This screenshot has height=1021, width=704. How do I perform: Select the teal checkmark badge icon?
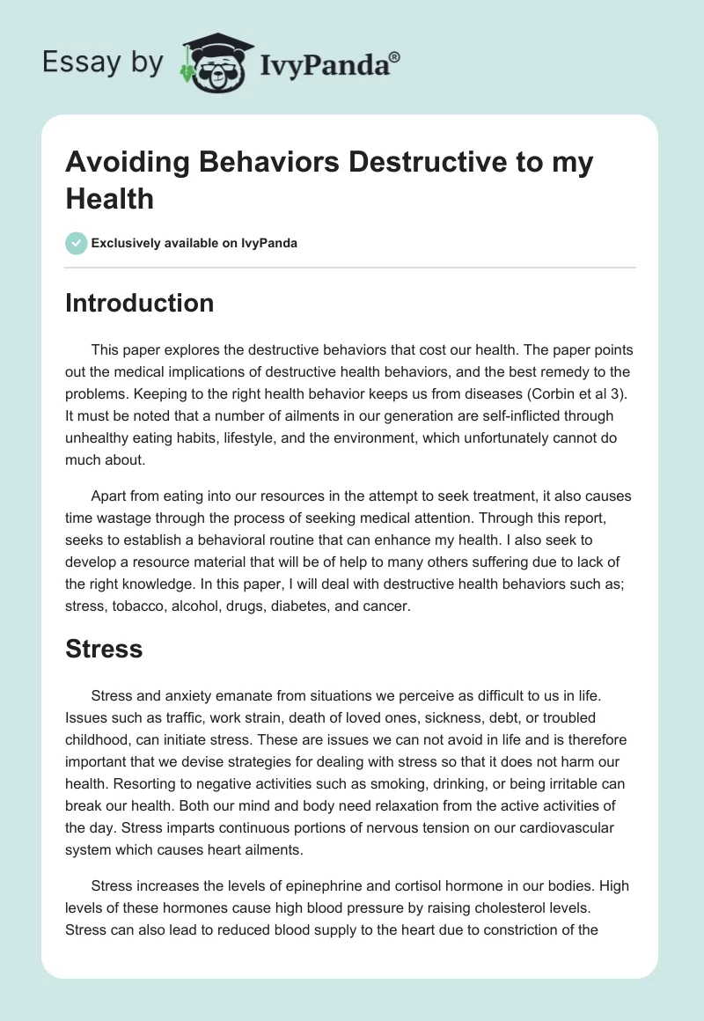click(77, 243)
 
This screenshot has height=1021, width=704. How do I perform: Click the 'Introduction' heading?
click(140, 303)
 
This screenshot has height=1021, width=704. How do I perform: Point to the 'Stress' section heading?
click(104, 649)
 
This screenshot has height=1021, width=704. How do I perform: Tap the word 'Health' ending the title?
click(110, 198)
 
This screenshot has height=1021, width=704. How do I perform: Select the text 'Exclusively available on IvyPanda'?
click(194, 243)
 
